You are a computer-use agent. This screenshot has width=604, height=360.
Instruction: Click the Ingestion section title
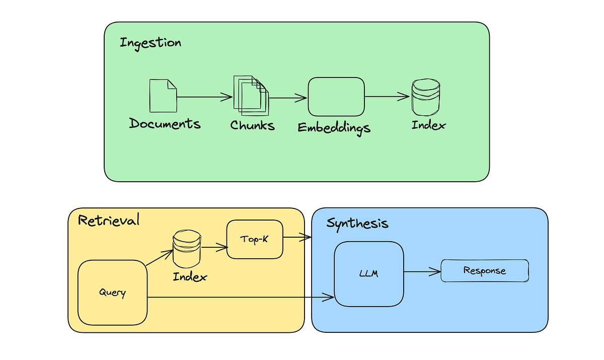[x=150, y=43]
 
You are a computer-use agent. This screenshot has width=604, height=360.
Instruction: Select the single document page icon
[x=163, y=96]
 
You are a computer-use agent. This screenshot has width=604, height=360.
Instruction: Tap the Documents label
[x=165, y=124]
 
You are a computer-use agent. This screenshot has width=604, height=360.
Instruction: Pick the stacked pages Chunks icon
[x=251, y=94]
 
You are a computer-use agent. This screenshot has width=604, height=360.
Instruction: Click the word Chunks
[x=253, y=125]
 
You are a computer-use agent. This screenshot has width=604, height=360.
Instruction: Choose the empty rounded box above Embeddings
[x=336, y=96]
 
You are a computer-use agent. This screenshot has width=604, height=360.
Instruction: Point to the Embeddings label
[x=334, y=127]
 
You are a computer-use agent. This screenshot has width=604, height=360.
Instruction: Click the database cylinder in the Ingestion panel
[x=425, y=97]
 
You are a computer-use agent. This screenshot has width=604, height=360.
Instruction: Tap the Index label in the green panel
[x=428, y=125]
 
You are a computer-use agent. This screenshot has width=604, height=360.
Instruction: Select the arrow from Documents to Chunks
[x=201, y=97]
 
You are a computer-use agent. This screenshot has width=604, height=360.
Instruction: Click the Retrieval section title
[x=108, y=221]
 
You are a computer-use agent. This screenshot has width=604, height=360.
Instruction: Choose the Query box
[x=112, y=293]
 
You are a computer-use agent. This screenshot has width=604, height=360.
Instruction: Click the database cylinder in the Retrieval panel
[x=186, y=249]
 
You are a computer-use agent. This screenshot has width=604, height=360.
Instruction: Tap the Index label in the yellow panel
[x=190, y=276]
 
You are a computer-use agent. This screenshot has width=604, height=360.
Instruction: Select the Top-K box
[x=255, y=240]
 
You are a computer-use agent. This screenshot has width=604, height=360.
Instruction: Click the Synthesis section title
[x=357, y=223]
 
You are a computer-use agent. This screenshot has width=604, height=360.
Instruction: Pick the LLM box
[x=369, y=274]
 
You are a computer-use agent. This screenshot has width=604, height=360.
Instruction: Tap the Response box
[x=485, y=271]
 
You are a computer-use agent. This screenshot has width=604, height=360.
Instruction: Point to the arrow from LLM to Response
[x=422, y=272]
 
